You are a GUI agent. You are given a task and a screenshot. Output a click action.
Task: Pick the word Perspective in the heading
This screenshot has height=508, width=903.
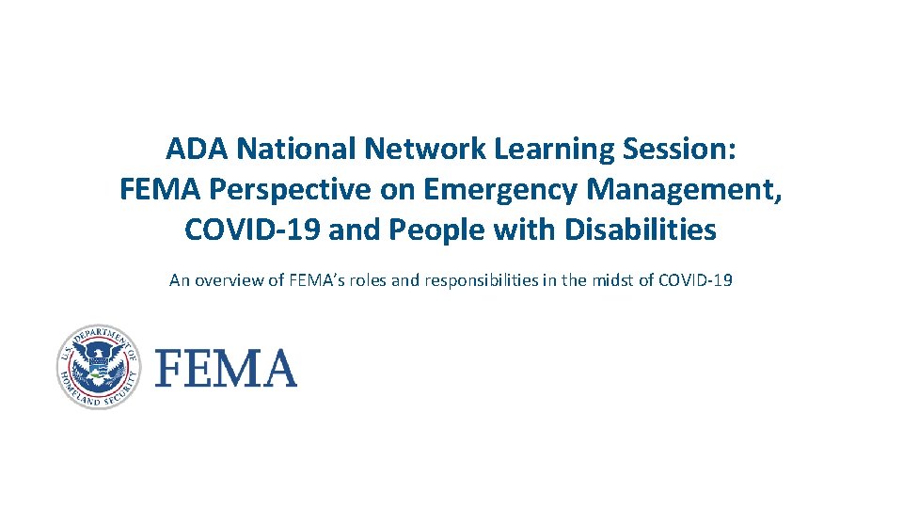pyautogui.click(x=311, y=189)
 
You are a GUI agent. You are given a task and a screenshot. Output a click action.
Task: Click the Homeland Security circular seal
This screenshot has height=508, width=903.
pyautogui.click(x=98, y=367)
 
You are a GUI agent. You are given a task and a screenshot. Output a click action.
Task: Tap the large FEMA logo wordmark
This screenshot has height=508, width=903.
pyautogui.click(x=226, y=368)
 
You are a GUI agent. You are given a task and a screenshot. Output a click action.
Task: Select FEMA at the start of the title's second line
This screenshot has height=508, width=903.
pyautogui.click(x=161, y=189)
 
